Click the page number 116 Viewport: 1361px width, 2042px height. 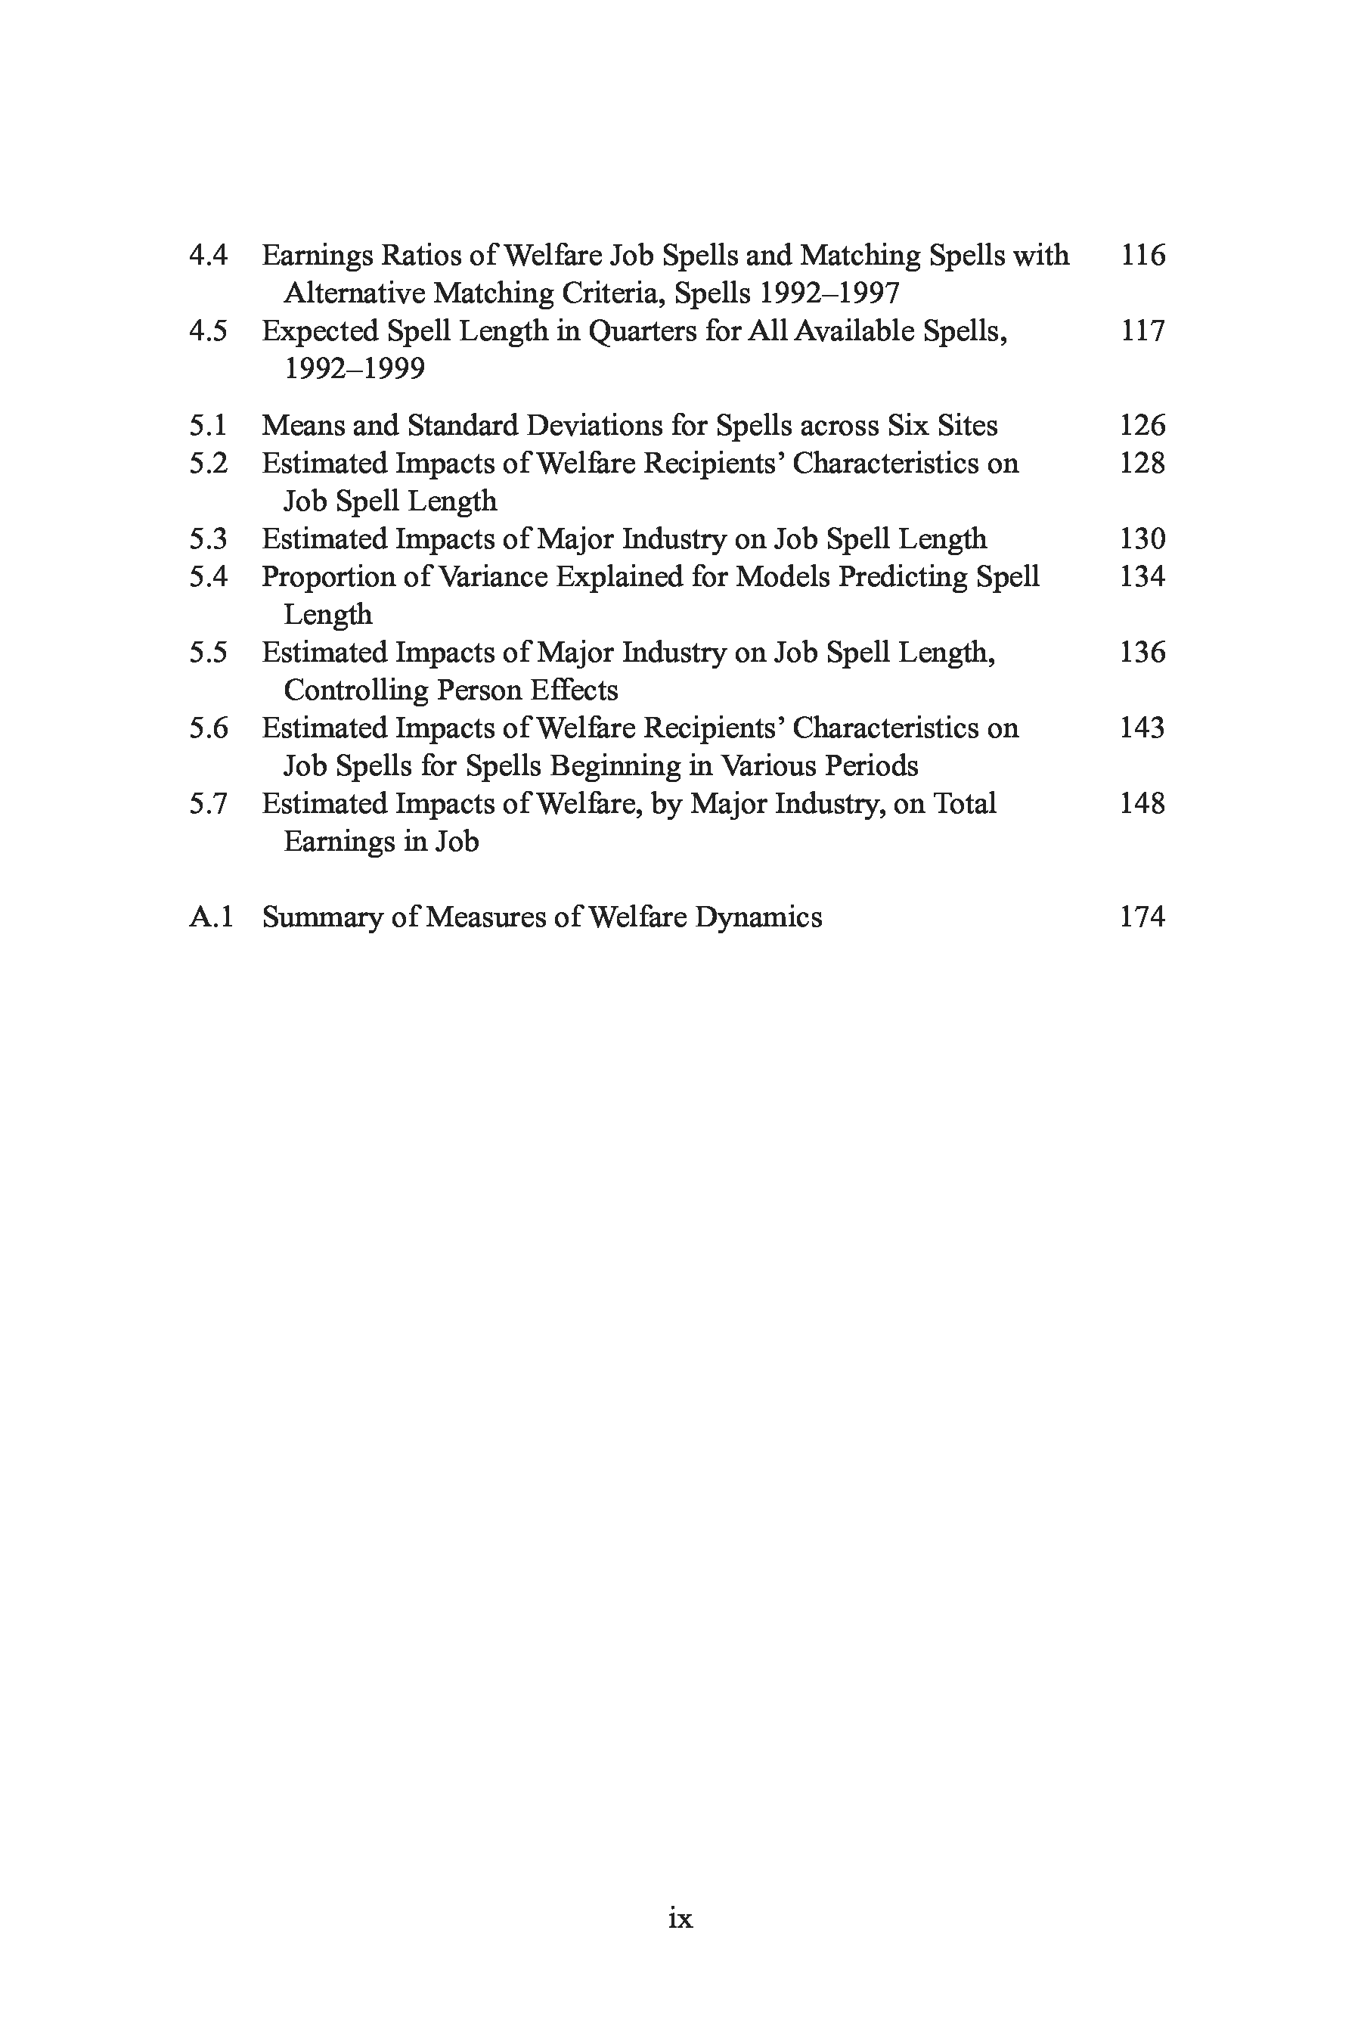[x=1142, y=256]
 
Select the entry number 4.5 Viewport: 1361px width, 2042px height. [x=209, y=331]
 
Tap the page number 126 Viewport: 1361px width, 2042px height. [x=1142, y=425]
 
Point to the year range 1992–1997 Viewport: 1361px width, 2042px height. [x=829, y=293]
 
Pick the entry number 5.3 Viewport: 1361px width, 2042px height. [x=209, y=539]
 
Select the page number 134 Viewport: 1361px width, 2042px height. [x=1142, y=576]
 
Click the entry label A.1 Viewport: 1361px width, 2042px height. [x=211, y=917]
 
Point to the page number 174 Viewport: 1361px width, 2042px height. [x=1142, y=917]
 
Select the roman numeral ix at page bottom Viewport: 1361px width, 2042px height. [x=680, y=1918]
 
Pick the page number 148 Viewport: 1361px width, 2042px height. [x=1142, y=804]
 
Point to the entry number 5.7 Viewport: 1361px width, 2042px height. [x=209, y=804]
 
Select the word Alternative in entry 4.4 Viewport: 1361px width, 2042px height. [x=353, y=293]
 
